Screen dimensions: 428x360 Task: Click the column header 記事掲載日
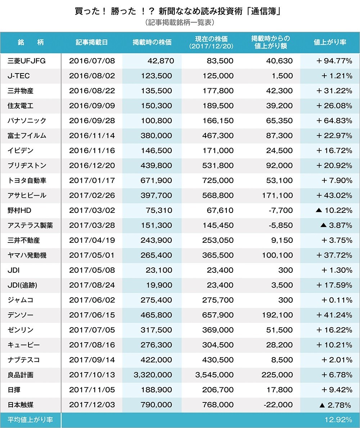click(92, 42)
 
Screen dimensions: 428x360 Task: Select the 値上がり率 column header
click(330, 42)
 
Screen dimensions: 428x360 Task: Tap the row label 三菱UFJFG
click(27, 61)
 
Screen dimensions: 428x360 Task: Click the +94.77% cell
click(334, 61)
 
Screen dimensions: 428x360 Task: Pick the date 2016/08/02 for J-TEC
click(92, 76)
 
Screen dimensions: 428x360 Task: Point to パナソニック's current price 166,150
click(215, 121)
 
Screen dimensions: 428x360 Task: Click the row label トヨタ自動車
click(27, 180)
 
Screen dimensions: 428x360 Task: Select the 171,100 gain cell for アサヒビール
click(277, 196)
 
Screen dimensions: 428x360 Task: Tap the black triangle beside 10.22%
click(318, 210)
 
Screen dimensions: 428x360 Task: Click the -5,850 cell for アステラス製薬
click(280, 226)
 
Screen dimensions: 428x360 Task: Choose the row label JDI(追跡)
click(22, 285)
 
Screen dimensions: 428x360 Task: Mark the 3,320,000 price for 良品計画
click(153, 375)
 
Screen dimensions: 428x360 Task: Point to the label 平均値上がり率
click(30, 420)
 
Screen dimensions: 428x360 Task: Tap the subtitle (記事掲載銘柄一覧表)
click(180, 22)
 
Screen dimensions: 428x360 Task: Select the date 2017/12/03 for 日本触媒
click(92, 405)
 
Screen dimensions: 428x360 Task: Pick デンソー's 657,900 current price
click(215, 315)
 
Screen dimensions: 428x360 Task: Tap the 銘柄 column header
click(31, 42)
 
